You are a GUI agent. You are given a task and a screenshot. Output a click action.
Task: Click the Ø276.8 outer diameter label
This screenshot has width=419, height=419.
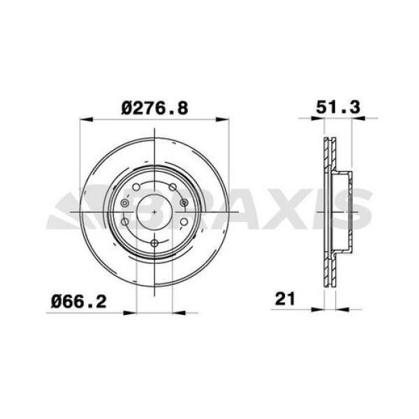click(154, 108)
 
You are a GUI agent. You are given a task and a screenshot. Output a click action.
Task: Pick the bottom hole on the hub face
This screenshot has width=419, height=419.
click(154, 242)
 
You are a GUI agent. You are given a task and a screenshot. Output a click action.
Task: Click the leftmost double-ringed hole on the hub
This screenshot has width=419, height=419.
click(124, 203)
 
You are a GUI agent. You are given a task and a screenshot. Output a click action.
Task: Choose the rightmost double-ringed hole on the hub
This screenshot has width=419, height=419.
click(184, 203)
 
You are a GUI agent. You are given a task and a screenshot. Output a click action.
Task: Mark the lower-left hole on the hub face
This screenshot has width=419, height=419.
click(126, 223)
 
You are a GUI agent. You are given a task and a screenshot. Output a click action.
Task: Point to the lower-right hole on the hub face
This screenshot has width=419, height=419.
click(182, 223)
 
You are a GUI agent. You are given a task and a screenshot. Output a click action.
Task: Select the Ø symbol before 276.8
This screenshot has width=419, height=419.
click(127, 108)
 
